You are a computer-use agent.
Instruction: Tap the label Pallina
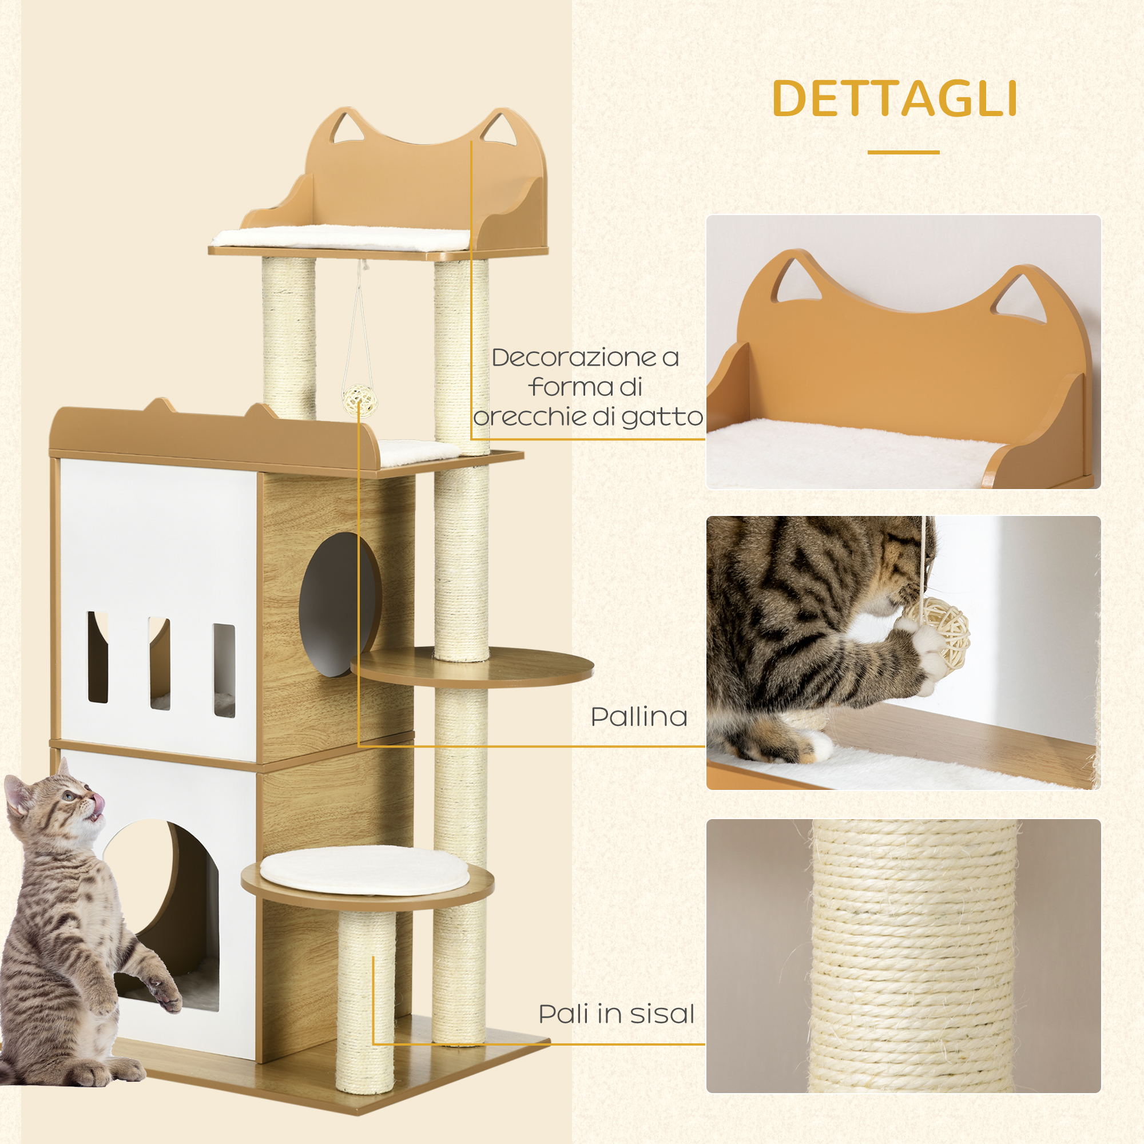639,717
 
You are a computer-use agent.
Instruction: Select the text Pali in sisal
616,1014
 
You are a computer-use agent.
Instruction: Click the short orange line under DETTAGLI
904,152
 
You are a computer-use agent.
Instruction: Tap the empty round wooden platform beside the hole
472,667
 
